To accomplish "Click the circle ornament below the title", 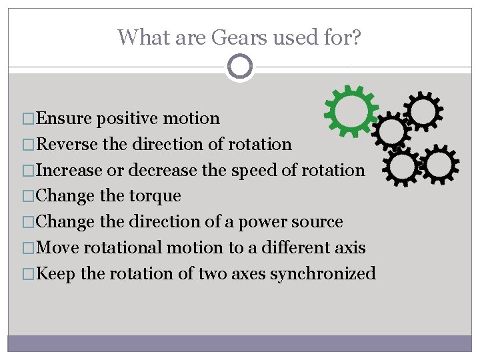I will tap(240, 66).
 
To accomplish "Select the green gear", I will tap(351, 109).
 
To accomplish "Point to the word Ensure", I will tap(65, 119).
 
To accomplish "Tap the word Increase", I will tap(70, 170).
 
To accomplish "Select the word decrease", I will tap(163, 170).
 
